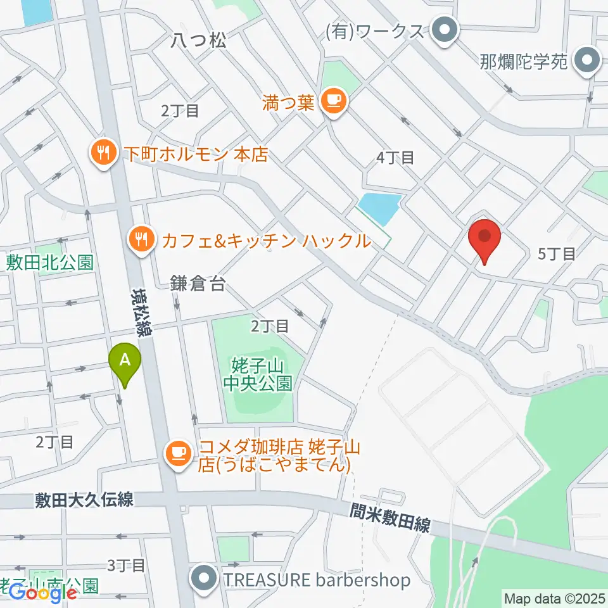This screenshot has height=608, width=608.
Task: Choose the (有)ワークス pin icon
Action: pos(445,30)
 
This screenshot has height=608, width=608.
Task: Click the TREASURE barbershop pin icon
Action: pos(204,579)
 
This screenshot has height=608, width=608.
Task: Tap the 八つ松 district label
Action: pos(198,41)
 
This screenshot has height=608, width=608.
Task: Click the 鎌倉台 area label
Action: pos(198,284)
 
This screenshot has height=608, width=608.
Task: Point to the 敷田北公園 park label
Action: pos(50,262)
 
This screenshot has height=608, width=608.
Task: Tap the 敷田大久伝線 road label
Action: pos(84,500)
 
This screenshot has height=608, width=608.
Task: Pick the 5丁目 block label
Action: pos(556,255)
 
